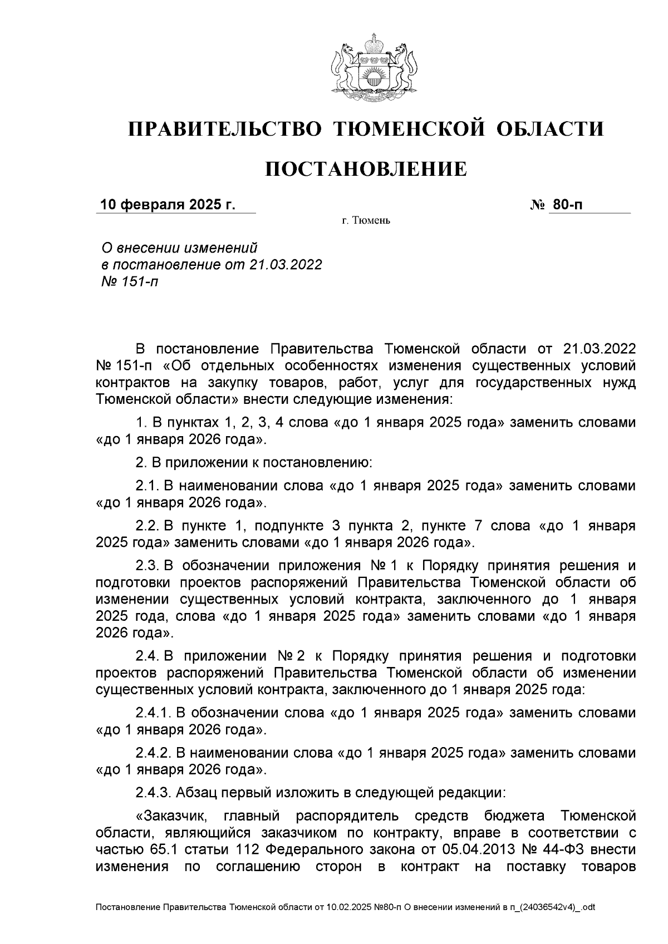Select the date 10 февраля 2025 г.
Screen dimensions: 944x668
click(x=168, y=205)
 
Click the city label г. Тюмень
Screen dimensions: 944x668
click(x=366, y=221)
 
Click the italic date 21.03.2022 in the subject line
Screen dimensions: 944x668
click(x=286, y=265)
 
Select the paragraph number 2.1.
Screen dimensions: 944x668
click(x=148, y=486)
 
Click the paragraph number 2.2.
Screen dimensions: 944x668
click(x=148, y=526)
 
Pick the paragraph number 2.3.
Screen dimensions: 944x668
click(x=148, y=566)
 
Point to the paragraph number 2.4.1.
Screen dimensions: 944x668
click(x=153, y=713)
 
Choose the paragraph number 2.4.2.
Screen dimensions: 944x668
click(x=153, y=753)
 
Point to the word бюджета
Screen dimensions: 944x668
click(x=514, y=816)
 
